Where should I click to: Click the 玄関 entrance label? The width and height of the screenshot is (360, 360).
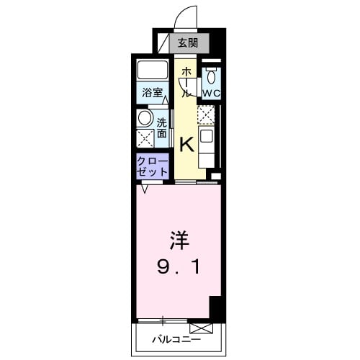(x=189, y=42)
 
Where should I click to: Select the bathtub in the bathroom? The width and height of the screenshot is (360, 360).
(x=151, y=71)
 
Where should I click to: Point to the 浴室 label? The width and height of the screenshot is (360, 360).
(x=150, y=93)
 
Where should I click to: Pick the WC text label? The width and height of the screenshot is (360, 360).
(x=211, y=94)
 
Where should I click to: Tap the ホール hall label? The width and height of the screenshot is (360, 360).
(x=186, y=81)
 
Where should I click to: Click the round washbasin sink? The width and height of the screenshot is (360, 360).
(x=144, y=118)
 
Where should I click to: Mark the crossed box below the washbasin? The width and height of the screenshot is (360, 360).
(x=145, y=138)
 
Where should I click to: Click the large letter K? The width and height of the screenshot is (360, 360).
(x=186, y=144)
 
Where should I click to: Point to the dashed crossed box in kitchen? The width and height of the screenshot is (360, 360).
(x=206, y=114)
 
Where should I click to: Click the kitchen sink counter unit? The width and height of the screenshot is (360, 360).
(x=206, y=145)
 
